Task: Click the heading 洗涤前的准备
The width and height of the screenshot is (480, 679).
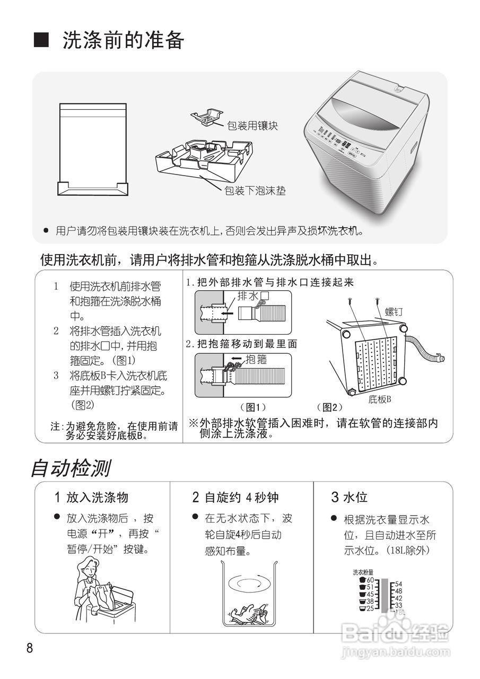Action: click(x=123, y=40)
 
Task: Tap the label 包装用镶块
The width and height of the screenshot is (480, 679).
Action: click(x=252, y=126)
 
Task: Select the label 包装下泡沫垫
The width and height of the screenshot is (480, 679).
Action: click(x=255, y=190)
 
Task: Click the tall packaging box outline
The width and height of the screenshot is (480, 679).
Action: click(x=93, y=150)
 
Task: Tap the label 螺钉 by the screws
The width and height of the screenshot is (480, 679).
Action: click(x=393, y=312)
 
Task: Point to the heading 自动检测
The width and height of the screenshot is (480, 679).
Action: click(x=71, y=468)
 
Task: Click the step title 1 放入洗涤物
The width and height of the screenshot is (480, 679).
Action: click(x=92, y=497)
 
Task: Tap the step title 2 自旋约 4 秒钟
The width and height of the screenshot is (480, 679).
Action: click(x=235, y=497)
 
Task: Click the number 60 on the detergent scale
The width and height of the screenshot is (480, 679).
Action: click(x=370, y=580)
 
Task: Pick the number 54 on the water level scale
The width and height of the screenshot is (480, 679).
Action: click(x=398, y=584)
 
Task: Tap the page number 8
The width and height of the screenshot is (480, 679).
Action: click(x=30, y=648)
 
